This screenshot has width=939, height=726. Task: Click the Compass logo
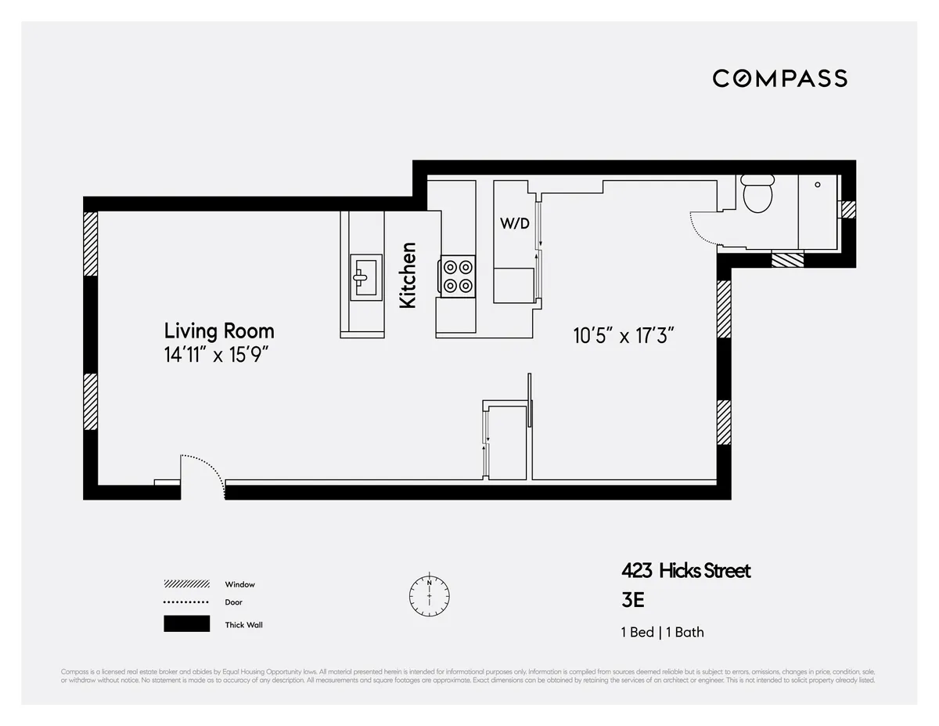pos(779,78)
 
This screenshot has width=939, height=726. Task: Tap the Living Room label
pos(219,330)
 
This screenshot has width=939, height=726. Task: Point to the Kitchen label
pos(408,275)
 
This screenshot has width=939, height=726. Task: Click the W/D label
pos(515,223)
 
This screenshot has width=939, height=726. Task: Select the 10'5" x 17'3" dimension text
pos(624,336)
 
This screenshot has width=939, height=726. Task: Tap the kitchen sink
pos(363,276)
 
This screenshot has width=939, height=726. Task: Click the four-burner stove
pos(458,276)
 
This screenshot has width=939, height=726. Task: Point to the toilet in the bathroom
pos(757,194)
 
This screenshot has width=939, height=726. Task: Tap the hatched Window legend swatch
pos(186,584)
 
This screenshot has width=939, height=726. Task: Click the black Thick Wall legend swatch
pos(186,624)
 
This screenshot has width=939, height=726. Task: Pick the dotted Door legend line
pos(186,602)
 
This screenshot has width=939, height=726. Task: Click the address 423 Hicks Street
pos(685,570)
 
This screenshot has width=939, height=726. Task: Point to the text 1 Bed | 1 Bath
pos(662,632)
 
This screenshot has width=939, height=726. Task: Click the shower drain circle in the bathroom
pos(817,185)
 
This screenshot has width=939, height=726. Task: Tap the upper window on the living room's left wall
pos(91,244)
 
